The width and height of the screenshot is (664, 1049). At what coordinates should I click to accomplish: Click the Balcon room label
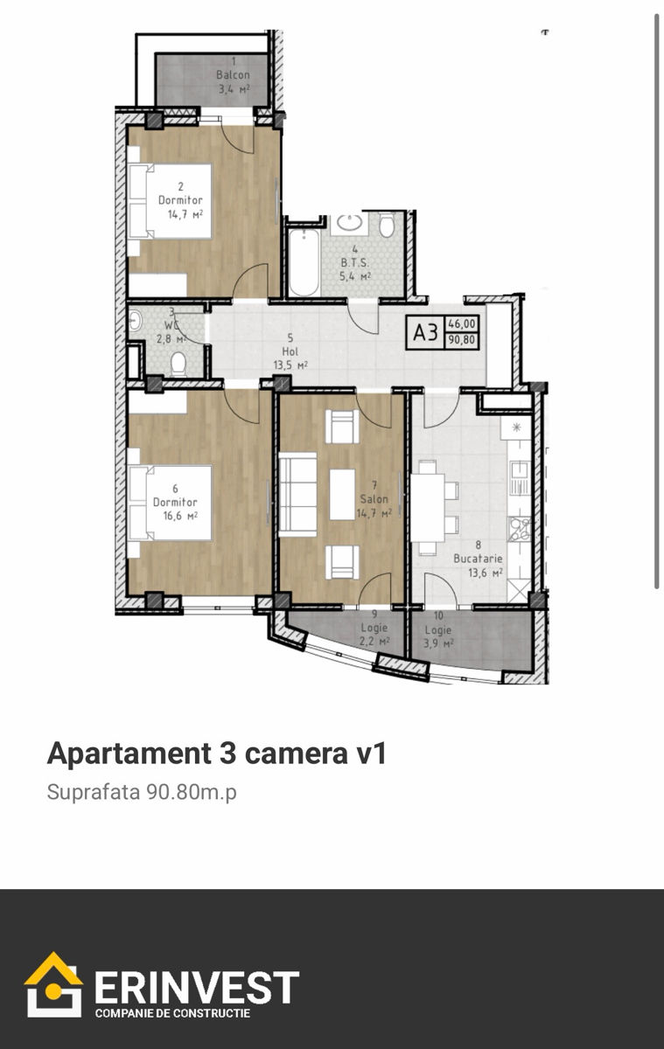tap(233, 75)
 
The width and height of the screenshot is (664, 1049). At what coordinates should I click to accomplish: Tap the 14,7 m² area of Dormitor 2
tap(185, 214)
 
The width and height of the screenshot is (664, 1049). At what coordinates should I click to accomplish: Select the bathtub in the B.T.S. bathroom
tap(304, 263)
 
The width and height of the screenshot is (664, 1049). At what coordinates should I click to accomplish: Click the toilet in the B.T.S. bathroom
tap(387, 226)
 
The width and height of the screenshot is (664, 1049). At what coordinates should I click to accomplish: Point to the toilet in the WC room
tap(178, 365)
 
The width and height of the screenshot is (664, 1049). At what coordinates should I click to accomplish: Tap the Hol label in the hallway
tap(290, 351)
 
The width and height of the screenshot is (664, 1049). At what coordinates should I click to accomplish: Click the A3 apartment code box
tap(425, 332)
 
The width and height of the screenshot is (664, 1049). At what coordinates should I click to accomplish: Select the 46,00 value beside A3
tap(462, 323)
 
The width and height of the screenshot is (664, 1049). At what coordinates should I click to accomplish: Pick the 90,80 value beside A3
tap(462, 340)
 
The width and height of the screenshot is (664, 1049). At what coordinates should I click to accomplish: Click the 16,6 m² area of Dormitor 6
tap(180, 516)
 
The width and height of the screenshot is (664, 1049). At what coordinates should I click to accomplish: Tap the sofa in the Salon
tap(297, 494)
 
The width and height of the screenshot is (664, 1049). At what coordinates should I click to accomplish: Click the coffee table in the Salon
tap(342, 494)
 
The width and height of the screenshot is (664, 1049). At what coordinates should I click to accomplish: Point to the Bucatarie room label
tap(478, 559)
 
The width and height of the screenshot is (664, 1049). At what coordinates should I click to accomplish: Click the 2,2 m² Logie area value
tap(374, 641)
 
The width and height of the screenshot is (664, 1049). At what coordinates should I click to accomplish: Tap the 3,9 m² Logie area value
tap(438, 643)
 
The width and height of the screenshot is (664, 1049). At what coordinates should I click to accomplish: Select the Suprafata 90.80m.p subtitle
tap(142, 792)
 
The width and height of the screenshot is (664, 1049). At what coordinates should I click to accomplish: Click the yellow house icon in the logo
tap(54, 984)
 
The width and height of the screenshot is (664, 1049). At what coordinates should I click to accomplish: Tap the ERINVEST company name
tap(197, 987)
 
